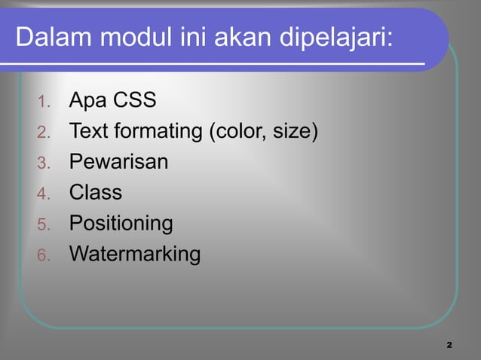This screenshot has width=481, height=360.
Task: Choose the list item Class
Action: [96, 193]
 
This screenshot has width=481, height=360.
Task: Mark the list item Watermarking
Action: [135, 255]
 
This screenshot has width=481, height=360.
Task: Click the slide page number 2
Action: [449, 344]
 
